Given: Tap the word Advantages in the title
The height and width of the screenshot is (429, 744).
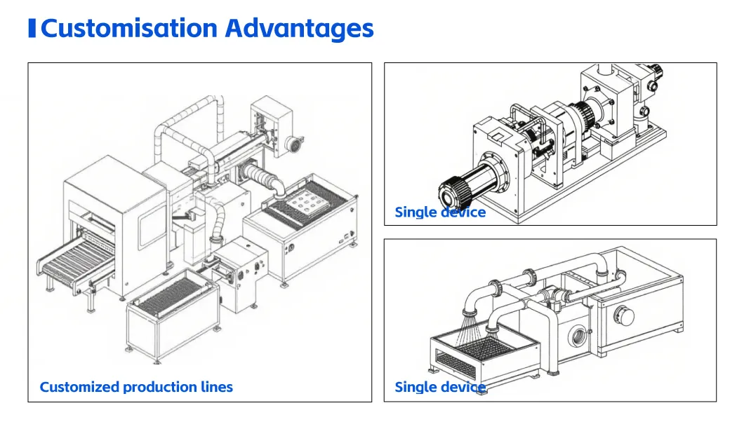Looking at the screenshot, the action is point(300,29).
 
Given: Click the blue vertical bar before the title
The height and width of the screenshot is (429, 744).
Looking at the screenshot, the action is point(32,28).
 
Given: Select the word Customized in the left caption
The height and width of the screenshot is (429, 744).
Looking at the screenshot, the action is point(80,387).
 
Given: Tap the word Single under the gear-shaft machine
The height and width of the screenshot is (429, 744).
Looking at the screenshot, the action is point(416,212).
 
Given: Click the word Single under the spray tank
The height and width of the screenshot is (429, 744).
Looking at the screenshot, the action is point(416,387).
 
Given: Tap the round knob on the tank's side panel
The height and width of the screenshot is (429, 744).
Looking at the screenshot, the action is point(624,315).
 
